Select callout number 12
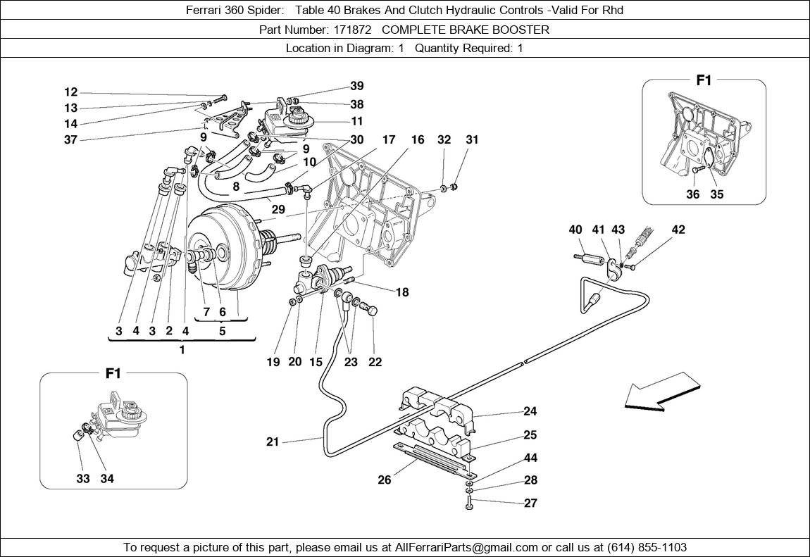(x=70, y=92)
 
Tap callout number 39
(x=357, y=86)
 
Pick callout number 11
(x=357, y=121)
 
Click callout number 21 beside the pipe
(x=273, y=442)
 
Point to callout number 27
(x=530, y=503)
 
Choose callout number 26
(x=384, y=481)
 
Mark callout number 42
(x=678, y=230)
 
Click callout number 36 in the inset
(x=693, y=194)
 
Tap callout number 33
(x=84, y=479)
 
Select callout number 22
(x=375, y=362)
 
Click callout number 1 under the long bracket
(x=182, y=350)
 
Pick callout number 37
(x=70, y=139)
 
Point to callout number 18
(x=402, y=292)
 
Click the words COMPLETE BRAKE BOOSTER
(x=466, y=30)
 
